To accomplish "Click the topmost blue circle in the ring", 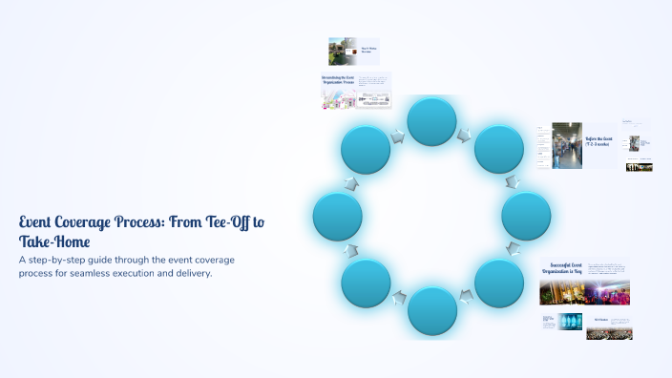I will [x=431, y=122].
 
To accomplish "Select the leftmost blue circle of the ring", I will [x=337, y=216].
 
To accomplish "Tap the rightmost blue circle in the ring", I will [x=526, y=216].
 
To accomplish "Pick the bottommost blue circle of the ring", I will [x=431, y=311].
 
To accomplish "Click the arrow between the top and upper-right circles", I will [x=465, y=136].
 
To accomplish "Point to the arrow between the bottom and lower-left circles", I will [x=399, y=298].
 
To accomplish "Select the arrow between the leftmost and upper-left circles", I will [x=351, y=182].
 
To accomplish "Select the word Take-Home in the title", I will [x=54, y=241].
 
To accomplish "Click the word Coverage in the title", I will [x=94, y=222].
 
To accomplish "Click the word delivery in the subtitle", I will [x=187, y=273].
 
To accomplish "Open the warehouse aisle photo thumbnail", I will [x=567, y=144].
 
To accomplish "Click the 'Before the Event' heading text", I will [x=599, y=140].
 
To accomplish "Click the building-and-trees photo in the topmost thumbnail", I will [x=338, y=51].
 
